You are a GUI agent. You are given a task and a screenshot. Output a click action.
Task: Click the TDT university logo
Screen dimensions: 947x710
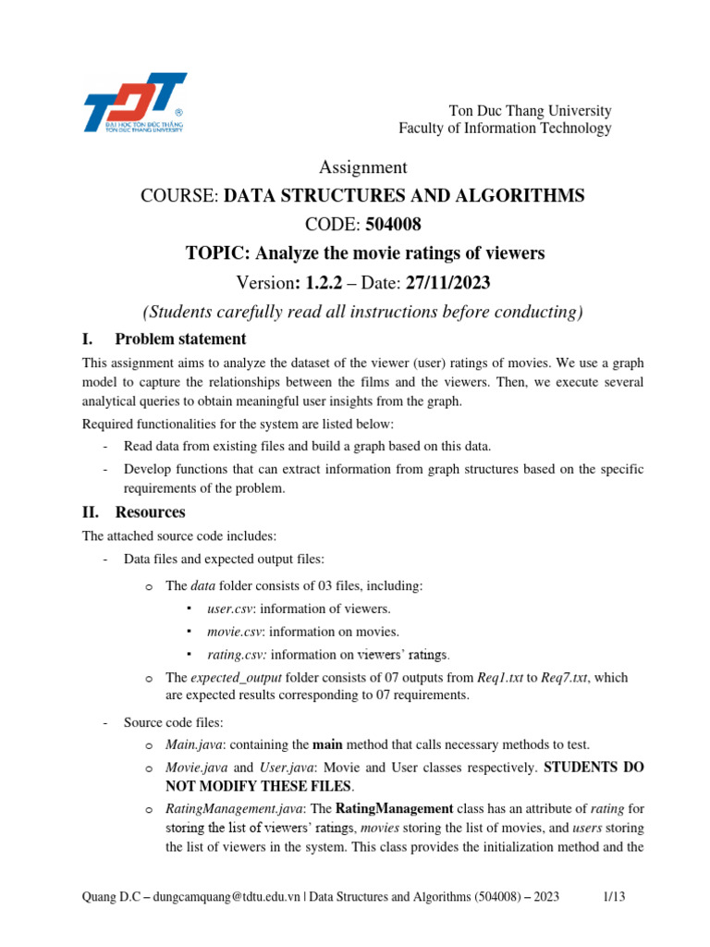(x=134, y=103)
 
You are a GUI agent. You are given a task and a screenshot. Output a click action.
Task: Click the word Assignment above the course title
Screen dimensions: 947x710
(x=362, y=167)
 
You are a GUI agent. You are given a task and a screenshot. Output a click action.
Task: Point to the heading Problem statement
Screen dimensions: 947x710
(x=180, y=338)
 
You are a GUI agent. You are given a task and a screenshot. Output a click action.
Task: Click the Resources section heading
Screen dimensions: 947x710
(x=150, y=511)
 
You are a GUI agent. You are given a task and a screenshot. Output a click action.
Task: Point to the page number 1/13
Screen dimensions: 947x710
(x=615, y=896)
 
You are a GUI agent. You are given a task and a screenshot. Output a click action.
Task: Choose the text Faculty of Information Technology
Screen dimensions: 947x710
(x=505, y=129)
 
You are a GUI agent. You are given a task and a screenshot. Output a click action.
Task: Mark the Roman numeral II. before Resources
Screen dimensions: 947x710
(x=92, y=511)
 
